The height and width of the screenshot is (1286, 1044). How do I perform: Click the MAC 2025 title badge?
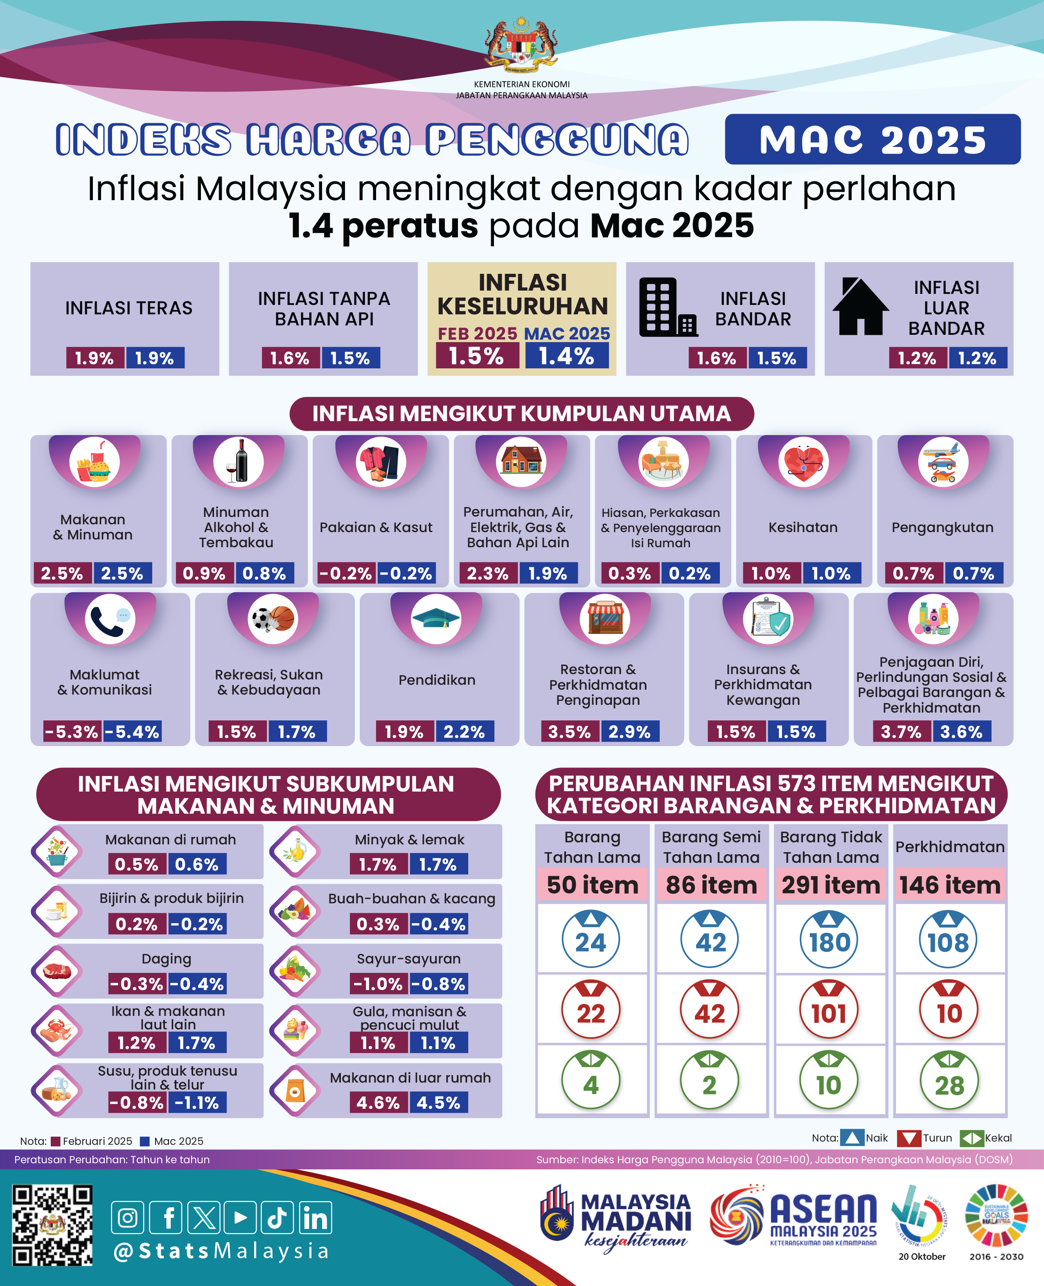pos(872,140)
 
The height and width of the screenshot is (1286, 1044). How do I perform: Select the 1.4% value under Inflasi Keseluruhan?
pos(566,356)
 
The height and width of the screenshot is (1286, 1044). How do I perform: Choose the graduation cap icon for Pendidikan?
pos(436,619)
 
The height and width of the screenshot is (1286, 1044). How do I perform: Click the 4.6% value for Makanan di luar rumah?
pos(378,1103)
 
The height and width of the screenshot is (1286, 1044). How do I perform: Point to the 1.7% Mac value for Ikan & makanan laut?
pos(197,1042)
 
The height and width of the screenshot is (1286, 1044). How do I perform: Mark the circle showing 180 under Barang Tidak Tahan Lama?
pos(829,940)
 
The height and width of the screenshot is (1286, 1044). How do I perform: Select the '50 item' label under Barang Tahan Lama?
pos(592,885)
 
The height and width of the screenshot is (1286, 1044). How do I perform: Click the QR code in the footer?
pos(52,1225)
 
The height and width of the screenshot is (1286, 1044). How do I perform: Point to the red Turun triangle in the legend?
pos(908,1138)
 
